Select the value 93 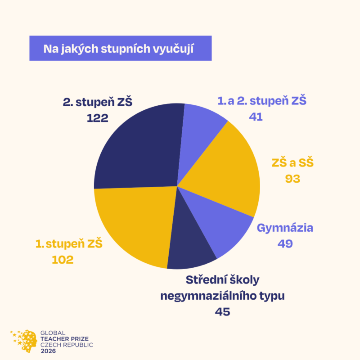click(292, 178)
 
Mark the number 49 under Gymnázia click(285, 243)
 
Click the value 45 click(222, 311)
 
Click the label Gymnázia click(285, 228)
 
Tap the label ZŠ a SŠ click(292, 162)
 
